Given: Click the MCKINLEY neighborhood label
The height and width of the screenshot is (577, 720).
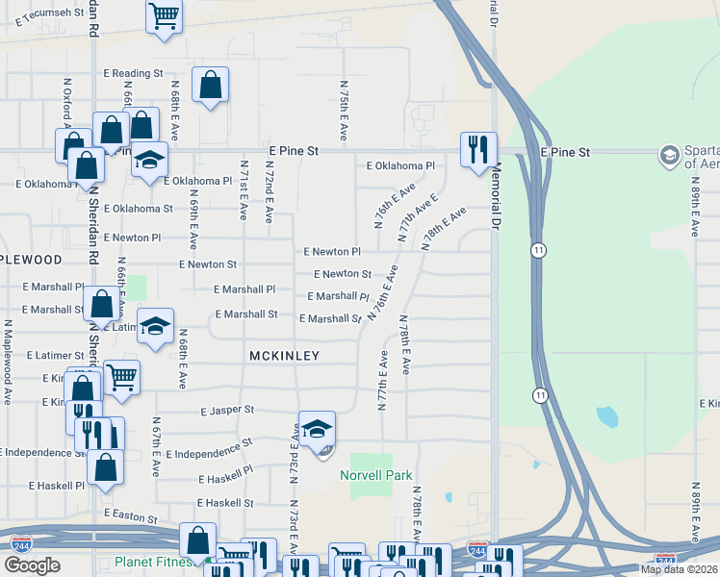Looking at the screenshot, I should pyautogui.click(x=284, y=356).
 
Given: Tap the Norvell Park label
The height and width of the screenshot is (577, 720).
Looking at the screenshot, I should pyautogui.click(x=376, y=475).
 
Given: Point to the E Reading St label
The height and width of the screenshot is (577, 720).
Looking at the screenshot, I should pyautogui.click(x=138, y=73).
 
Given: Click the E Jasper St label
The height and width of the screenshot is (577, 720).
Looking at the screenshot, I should pyautogui.click(x=227, y=410).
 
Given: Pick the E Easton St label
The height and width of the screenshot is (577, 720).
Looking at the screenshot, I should pyautogui.click(x=131, y=517).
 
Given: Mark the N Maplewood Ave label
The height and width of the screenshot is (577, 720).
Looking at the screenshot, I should pyautogui.click(x=8, y=355).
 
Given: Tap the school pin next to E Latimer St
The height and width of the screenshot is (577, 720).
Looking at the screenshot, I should pyautogui.click(x=154, y=327).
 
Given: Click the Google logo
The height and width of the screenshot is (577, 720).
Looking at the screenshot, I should pyautogui.click(x=33, y=565).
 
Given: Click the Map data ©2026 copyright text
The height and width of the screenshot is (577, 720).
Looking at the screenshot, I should pyautogui.click(x=678, y=569).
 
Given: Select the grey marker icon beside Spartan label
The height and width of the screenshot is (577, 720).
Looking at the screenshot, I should pyautogui.click(x=669, y=156).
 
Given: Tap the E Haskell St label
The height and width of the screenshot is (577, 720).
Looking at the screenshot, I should pyautogui.click(x=225, y=503).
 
